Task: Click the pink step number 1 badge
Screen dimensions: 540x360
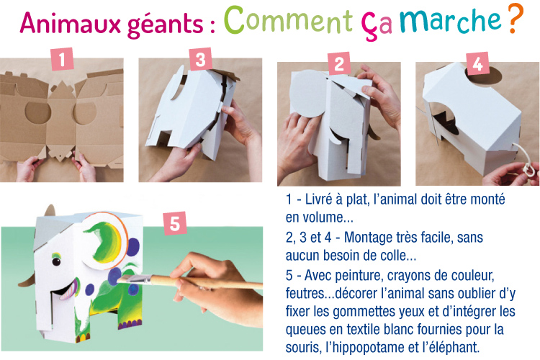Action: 62,59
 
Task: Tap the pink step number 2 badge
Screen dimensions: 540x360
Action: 339,64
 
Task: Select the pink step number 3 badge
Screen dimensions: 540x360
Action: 200,59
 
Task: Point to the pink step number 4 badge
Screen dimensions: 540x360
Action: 477,63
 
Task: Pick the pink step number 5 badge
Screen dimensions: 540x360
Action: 175,223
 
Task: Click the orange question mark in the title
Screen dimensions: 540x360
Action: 516,19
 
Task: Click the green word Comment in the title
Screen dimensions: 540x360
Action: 289,20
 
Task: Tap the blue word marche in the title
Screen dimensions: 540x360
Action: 451,20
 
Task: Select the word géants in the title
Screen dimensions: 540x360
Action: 166,24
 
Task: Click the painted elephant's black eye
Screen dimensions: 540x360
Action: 56,261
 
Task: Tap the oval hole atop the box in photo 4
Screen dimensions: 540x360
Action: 484,76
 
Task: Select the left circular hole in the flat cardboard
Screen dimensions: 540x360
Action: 38,112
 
